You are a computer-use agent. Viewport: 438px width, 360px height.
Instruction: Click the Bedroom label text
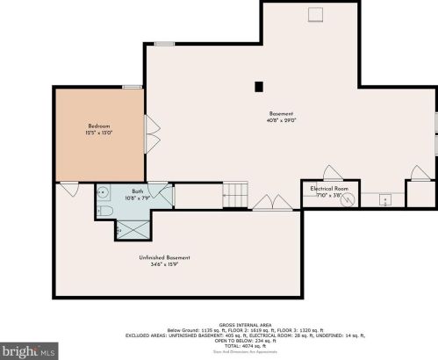(x=98, y=126)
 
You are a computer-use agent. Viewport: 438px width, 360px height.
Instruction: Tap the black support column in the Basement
(x=258, y=86)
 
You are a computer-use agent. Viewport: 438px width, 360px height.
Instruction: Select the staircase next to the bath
(x=235, y=195)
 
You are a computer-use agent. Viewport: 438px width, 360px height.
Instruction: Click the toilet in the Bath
(x=104, y=210)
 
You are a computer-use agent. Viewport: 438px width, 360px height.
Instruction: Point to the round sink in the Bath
(x=103, y=191)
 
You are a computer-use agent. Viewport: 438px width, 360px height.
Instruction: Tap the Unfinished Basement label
(x=164, y=257)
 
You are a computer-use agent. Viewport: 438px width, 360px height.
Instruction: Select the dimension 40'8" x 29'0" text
(x=281, y=121)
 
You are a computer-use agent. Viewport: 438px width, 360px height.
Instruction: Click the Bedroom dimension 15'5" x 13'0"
(x=98, y=133)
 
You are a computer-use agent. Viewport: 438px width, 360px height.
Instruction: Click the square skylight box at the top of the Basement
(x=315, y=13)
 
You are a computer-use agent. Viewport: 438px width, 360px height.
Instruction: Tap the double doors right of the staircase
(x=274, y=204)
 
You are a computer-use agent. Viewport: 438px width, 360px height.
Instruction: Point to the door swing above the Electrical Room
(x=333, y=173)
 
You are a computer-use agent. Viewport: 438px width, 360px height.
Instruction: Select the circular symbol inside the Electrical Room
(x=350, y=198)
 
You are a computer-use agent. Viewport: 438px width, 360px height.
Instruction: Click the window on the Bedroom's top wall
(x=133, y=86)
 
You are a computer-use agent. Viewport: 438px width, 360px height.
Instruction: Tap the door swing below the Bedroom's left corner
(x=68, y=188)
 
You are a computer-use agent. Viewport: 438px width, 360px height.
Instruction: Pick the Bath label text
(x=138, y=191)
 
